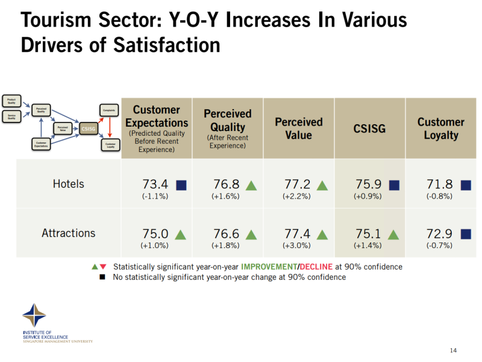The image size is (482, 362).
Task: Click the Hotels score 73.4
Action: (155, 184)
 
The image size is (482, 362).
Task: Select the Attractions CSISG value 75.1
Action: (369, 233)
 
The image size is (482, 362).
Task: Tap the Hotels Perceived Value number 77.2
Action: (298, 184)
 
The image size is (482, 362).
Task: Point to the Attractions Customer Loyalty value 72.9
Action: (440, 233)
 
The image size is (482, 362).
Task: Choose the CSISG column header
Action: (369, 129)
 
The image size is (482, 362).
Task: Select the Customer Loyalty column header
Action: (440, 129)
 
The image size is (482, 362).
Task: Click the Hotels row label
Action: (69, 184)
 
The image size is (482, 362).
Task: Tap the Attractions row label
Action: (69, 233)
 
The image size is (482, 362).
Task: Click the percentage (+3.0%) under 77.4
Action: (297, 246)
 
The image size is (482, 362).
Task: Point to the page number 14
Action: (454, 351)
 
